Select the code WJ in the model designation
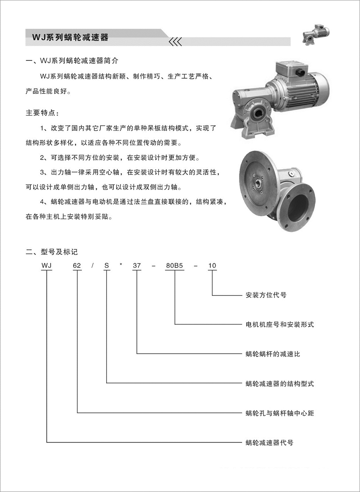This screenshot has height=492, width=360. tap(46, 266)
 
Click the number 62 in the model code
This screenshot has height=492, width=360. tap(77, 266)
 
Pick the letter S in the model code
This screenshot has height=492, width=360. tap(107, 266)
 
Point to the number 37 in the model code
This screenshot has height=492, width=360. tap(137, 266)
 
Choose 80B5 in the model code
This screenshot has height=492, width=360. tap(175, 266)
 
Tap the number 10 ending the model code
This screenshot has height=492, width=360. tap(212, 266)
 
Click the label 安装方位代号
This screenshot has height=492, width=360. tap(266, 295)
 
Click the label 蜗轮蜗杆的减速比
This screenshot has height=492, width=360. tap(273, 354)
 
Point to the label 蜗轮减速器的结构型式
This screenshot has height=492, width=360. tap(279, 384)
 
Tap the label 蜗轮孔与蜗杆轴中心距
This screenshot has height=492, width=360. tap(279, 413)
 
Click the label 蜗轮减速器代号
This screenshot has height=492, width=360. tap(270, 442)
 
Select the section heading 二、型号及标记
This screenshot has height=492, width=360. tap(52, 252)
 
